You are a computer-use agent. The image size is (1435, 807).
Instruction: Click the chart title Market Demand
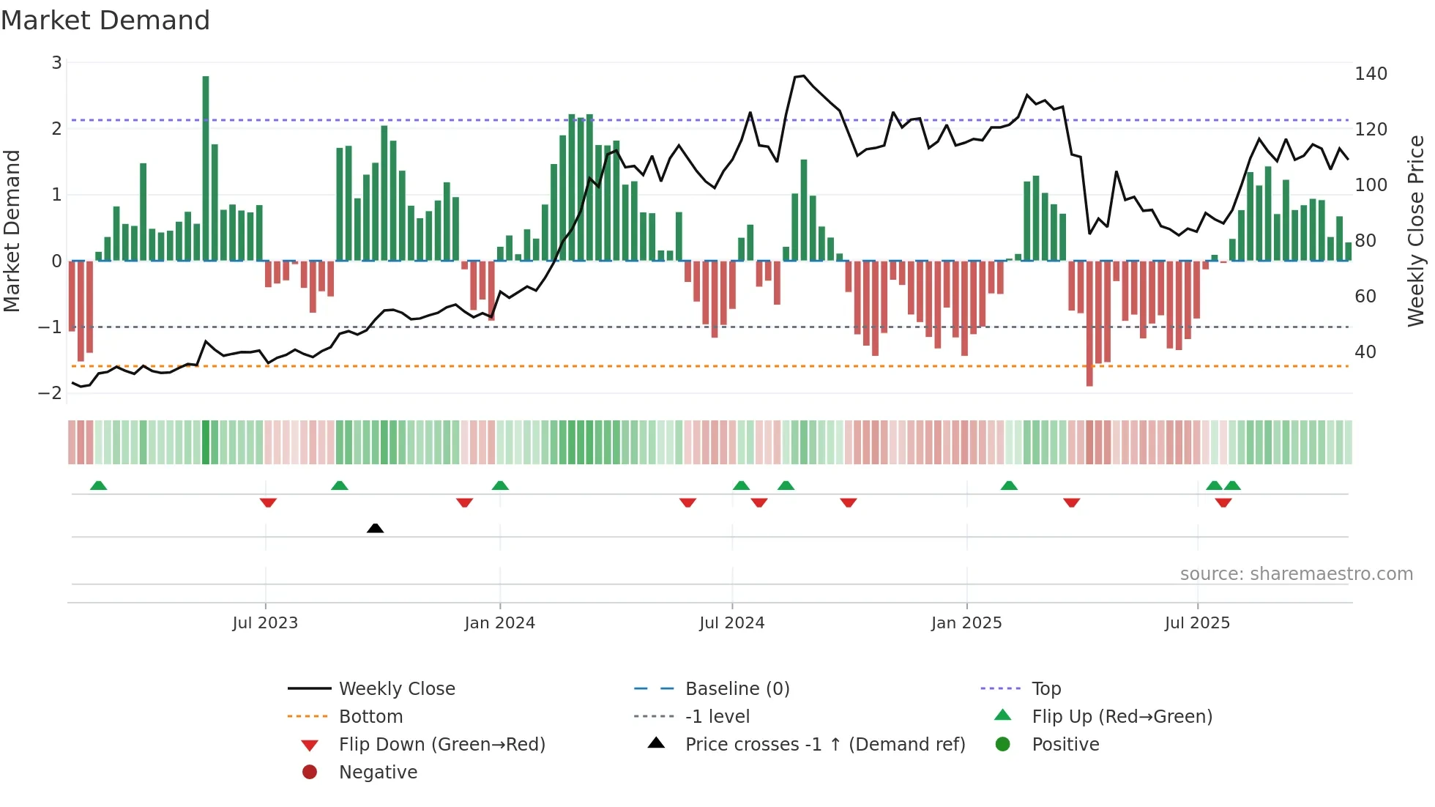[x=105, y=21]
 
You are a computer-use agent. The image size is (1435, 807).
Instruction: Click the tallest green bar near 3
[x=206, y=168]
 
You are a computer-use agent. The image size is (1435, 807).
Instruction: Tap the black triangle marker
[x=375, y=528]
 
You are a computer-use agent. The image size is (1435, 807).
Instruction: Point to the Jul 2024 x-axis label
[x=731, y=623]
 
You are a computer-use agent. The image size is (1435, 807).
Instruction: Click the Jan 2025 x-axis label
[x=966, y=623]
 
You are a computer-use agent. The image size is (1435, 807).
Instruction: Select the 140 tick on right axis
[x=1371, y=74]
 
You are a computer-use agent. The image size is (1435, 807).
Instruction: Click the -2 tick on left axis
[x=51, y=393]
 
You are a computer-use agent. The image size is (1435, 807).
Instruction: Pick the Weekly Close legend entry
[x=396, y=689]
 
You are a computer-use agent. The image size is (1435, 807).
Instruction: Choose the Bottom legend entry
[x=370, y=717]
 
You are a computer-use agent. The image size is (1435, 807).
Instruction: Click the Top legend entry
[x=1045, y=689]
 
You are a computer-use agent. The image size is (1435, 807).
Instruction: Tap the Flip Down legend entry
[x=441, y=745]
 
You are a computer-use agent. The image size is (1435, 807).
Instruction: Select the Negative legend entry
[x=378, y=773]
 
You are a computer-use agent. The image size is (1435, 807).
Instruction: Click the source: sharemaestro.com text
[x=1296, y=574]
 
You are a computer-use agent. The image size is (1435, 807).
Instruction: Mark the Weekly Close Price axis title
[x=1417, y=231]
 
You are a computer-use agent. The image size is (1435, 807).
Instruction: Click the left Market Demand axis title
[x=12, y=231]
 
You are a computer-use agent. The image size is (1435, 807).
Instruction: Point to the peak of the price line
[x=803, y=75]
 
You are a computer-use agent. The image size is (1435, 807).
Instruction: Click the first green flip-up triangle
[x=98, y=486]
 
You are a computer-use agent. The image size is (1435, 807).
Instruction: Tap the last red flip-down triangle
[x=1223, y=502]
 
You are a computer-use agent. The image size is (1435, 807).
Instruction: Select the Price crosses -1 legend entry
[x=824, y=745]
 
